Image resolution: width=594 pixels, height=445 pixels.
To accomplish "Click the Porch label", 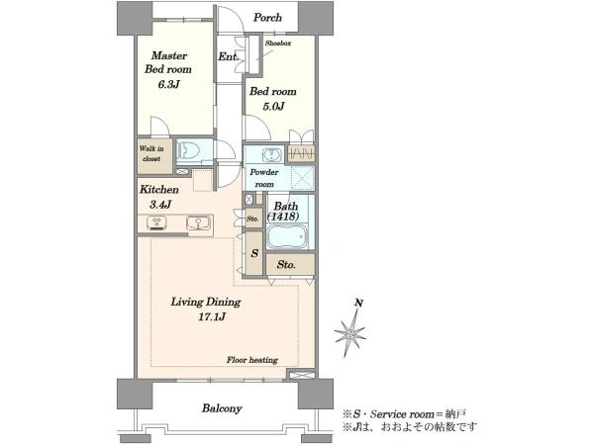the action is coord(267,18).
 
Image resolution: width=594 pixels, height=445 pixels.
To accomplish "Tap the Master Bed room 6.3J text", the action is coord(168,70).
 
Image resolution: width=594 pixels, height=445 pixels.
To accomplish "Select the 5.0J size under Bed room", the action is coord(273,107).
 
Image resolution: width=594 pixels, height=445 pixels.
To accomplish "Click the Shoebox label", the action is coord(278,44).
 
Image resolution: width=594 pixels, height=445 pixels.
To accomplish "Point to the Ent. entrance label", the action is coord(229,56).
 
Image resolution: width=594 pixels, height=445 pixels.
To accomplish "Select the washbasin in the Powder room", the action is coord(272,154).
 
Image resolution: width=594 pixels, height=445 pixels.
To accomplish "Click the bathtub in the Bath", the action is coord(287,236).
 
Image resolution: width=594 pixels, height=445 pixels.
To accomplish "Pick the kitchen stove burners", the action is coord(156,222).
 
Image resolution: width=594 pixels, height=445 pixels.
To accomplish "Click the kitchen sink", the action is coord(198,222).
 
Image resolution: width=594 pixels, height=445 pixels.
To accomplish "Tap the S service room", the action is coord(254,253).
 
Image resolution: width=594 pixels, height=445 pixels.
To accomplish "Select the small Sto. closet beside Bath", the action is coord(252,219).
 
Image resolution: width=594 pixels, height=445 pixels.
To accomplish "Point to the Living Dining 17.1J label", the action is coord(206,309).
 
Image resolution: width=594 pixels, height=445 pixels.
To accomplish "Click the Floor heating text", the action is coord(252,360).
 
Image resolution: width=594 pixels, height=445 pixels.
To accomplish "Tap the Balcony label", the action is coord(222,408).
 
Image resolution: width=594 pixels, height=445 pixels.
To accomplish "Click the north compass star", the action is coord(350,334).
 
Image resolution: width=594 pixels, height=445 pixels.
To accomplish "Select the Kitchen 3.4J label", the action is coord(158,197).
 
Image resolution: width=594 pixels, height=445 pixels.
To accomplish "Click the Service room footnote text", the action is coord(404,414).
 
